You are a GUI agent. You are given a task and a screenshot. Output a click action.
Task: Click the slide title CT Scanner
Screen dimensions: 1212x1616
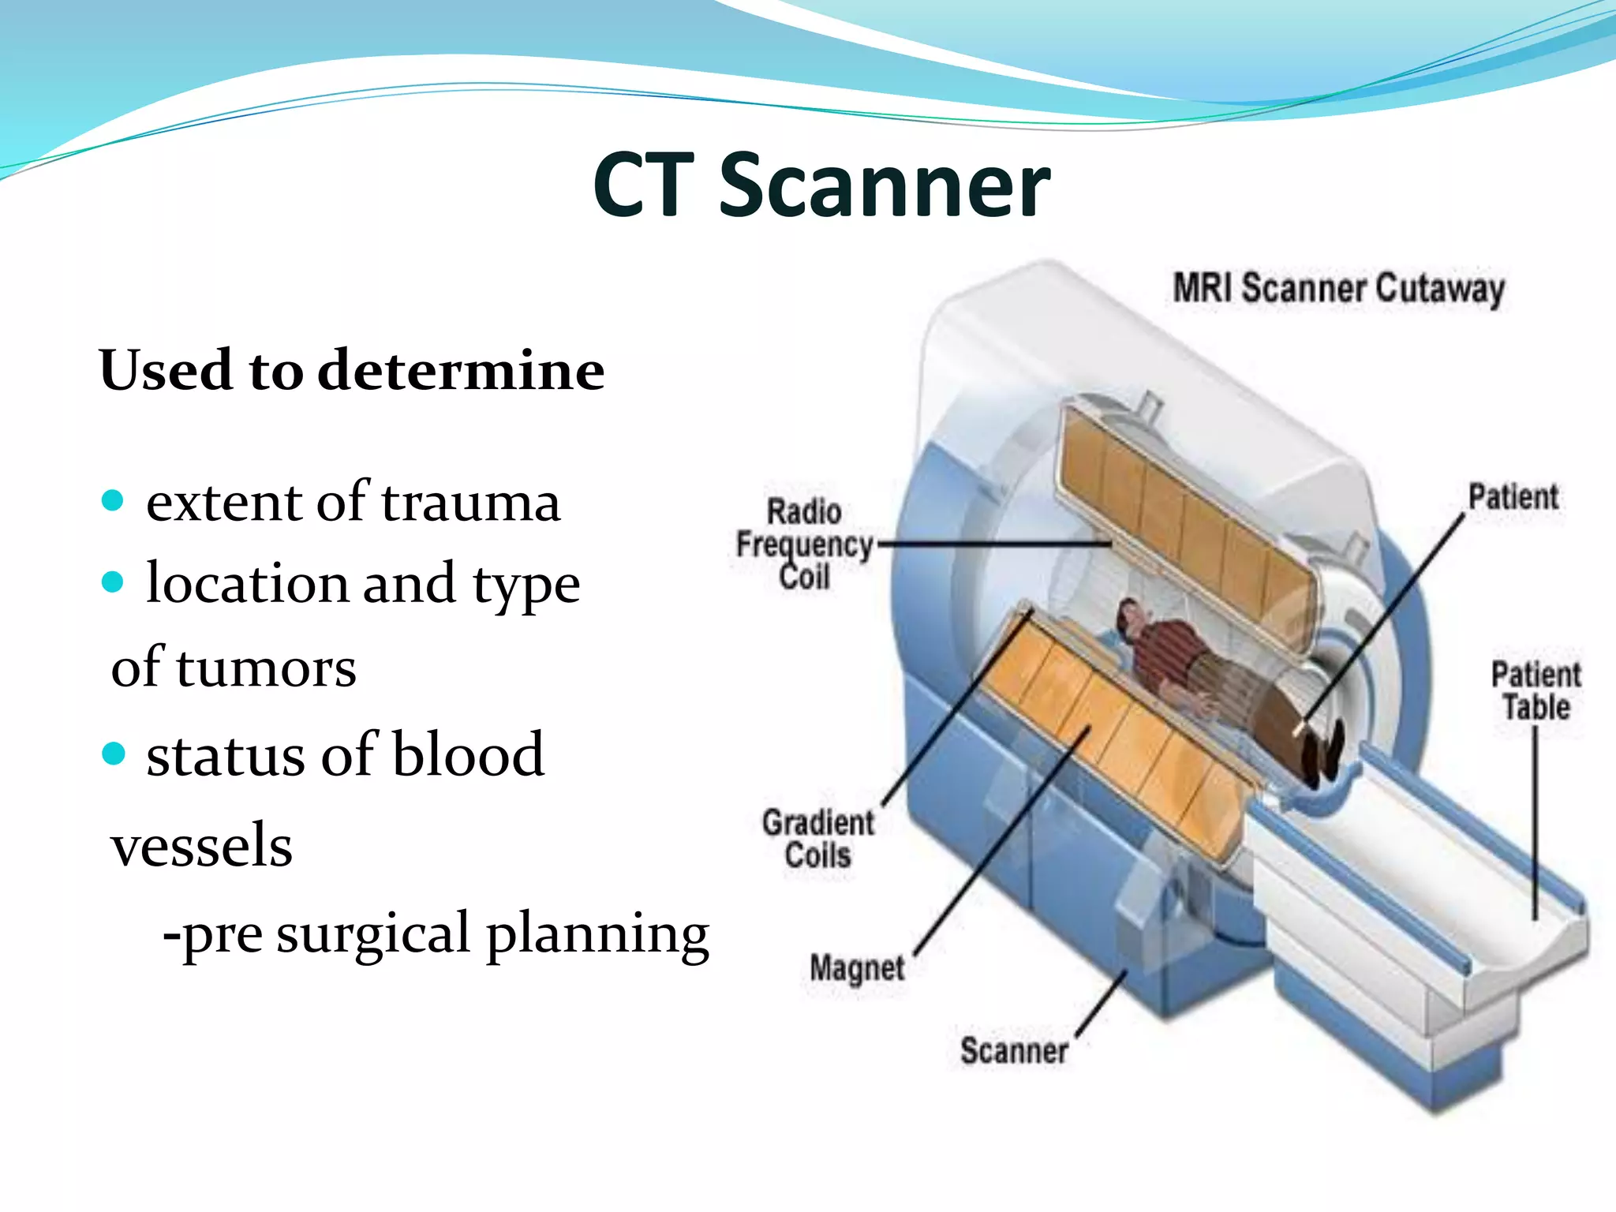coord(821,186)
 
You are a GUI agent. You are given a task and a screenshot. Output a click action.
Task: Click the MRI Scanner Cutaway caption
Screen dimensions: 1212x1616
coord(1338,289)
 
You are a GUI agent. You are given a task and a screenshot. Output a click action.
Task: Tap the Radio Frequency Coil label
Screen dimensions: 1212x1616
coord(804,544)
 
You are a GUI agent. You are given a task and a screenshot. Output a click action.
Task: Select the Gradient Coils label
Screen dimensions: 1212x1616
coord(818,839)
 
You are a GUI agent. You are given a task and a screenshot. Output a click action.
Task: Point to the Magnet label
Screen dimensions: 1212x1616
coord(857,967)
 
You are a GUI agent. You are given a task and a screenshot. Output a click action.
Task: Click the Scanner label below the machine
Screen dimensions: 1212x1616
coord(1014,1051)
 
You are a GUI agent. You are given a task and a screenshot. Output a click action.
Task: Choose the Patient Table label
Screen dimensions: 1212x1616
coord(1536,691)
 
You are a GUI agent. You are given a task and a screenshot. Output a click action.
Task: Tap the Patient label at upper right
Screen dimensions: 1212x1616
coord(1513,498)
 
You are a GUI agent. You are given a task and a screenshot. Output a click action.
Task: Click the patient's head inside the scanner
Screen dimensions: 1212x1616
coord(1129,616)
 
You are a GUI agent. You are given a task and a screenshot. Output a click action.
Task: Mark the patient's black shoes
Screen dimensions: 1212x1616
coord(1322,754)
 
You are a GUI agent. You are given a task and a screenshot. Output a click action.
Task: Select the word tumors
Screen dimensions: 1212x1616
coord(265,668)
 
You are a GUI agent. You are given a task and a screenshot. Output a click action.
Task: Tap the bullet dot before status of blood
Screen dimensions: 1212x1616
coord(114,754)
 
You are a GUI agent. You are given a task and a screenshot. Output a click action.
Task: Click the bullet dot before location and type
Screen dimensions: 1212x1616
coord(114,582)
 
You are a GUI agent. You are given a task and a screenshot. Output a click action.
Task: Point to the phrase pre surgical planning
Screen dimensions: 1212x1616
coord(436,934)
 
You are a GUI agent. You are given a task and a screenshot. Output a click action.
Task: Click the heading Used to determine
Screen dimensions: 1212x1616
coord(352,371)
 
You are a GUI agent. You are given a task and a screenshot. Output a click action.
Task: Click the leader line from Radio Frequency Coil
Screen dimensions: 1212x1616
coord(994,544)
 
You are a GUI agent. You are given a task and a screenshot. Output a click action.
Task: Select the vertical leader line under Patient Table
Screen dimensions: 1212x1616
coord(1536,825)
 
